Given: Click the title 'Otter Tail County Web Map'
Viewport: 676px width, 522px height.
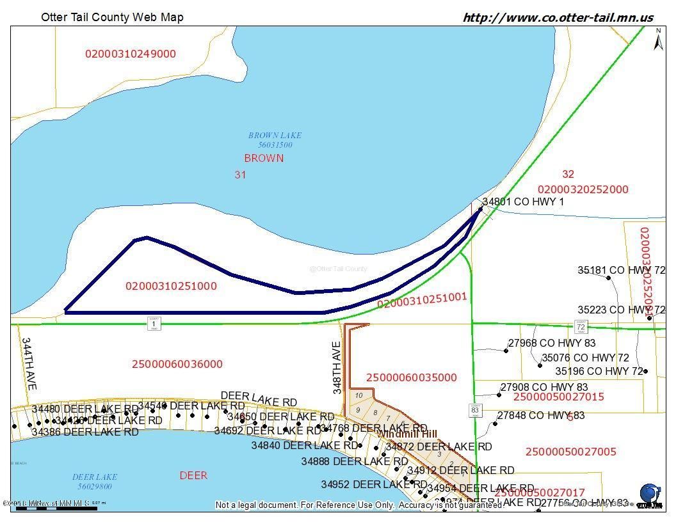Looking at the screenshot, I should click(x=112, y=17).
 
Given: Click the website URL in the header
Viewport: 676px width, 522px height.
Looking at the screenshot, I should click(x=558, y=17).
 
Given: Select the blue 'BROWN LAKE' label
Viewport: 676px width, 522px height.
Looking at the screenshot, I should click(x=275, y=136).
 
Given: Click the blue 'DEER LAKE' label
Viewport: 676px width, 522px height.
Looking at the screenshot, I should click(x=95, y=477).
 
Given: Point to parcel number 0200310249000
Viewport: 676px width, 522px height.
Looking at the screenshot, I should click(x=131, y=54).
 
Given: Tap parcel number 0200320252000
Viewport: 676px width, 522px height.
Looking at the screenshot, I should click(x=583, y=189).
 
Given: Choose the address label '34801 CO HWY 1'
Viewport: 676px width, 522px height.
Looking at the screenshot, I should click(x=523, y=202).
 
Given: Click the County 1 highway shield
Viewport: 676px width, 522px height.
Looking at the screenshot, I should click(x=154, y=324).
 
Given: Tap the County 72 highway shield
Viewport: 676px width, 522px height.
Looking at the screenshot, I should click(x=581, y=326).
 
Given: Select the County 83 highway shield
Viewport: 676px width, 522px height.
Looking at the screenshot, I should click(x=474, y=410).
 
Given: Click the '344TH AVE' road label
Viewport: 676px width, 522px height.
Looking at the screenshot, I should click(x=28, y=364).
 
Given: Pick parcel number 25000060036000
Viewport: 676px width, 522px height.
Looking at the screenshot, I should click(x=177, y=364).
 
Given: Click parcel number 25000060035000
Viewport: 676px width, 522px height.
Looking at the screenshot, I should click(x=412, y=377).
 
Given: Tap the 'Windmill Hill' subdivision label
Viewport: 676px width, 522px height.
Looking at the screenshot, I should click(x=407, y=434).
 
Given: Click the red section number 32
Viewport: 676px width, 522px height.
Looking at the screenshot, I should click(x=568, y=174).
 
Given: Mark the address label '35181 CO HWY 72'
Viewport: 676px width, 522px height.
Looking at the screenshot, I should click(x=621, y=271).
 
